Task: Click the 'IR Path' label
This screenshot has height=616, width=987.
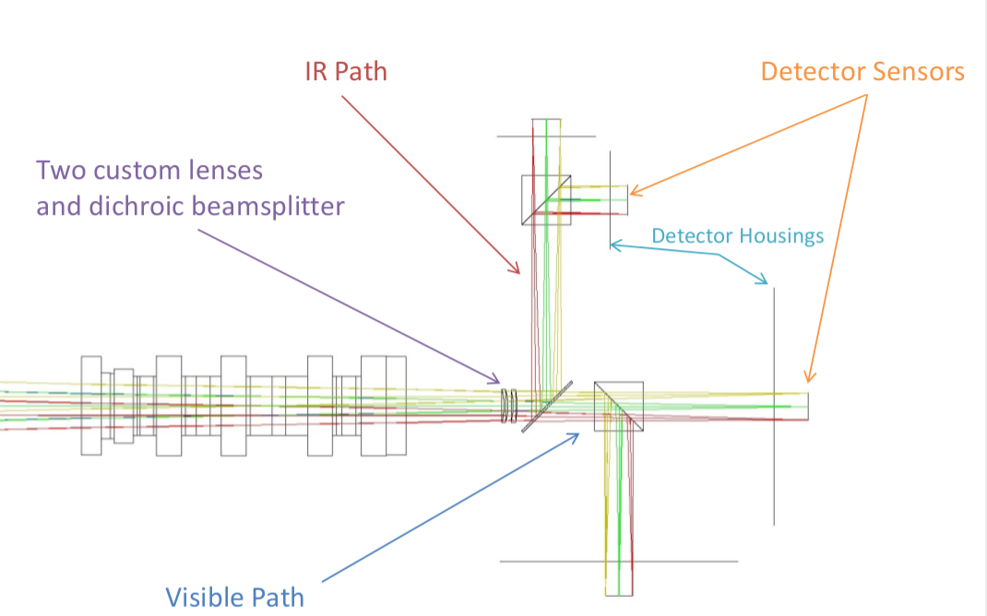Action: pos(346,72)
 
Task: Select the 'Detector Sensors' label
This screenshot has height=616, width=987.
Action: pos(862,72)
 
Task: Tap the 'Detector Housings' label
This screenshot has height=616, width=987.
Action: pos(737,236)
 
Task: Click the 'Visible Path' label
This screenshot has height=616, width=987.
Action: pos(234,598)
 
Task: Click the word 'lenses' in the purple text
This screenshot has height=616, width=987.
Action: pos(230,171)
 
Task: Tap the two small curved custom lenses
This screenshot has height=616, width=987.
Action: pos(508,406)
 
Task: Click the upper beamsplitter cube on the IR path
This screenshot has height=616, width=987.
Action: pos(546,199)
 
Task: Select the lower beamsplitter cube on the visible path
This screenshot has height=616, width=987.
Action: pos(618,406)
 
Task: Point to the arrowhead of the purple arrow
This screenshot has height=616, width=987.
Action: pos(496,379)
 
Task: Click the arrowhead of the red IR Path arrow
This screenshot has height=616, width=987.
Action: pos(518,272)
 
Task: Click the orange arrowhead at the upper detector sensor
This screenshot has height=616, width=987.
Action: pos(634,193)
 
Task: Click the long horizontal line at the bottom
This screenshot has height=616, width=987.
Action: pos(618,561)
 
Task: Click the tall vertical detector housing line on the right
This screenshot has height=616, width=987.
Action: pos(774,406)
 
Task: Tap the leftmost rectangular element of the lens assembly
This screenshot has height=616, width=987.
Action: pos(90,406)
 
